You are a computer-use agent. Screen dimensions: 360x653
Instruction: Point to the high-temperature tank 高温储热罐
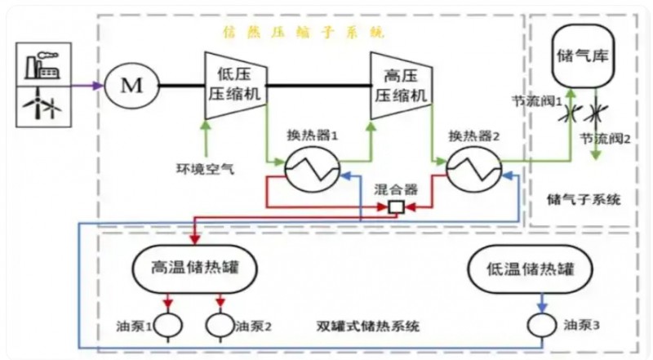pos(194,268)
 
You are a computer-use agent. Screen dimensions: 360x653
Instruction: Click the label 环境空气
pos(207,170)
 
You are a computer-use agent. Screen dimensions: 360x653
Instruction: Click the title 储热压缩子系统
pos(304,33)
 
